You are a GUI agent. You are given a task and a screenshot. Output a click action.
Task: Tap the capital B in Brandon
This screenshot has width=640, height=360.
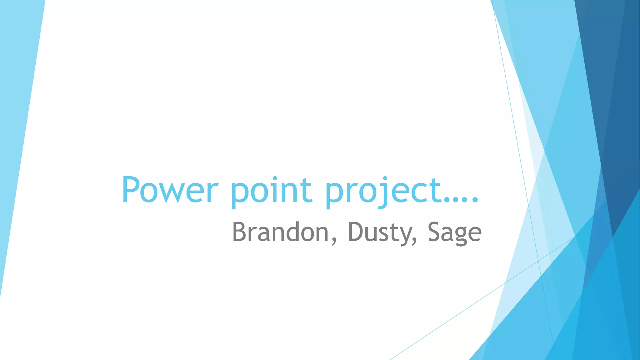point(239,232)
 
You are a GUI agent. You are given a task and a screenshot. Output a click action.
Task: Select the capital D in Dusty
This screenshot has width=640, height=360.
point(355,232)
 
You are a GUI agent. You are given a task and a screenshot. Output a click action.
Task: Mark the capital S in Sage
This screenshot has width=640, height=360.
point(434,232)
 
